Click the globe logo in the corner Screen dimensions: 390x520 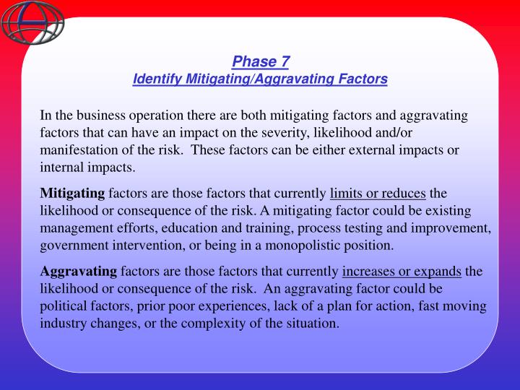[x=32, y=22]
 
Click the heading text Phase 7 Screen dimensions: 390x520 [x=260, y=61]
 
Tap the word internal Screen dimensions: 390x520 [x=62, y=168]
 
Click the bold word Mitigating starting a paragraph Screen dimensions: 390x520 [x=73, y=194]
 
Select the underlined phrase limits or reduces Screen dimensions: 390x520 [x=378, y=194]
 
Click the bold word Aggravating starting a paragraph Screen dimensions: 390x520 [x=78, y=272]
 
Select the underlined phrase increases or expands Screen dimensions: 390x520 [x=402, y=272]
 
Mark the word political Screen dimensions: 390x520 [x=64, y=306]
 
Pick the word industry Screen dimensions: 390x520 [x=64, y=324]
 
